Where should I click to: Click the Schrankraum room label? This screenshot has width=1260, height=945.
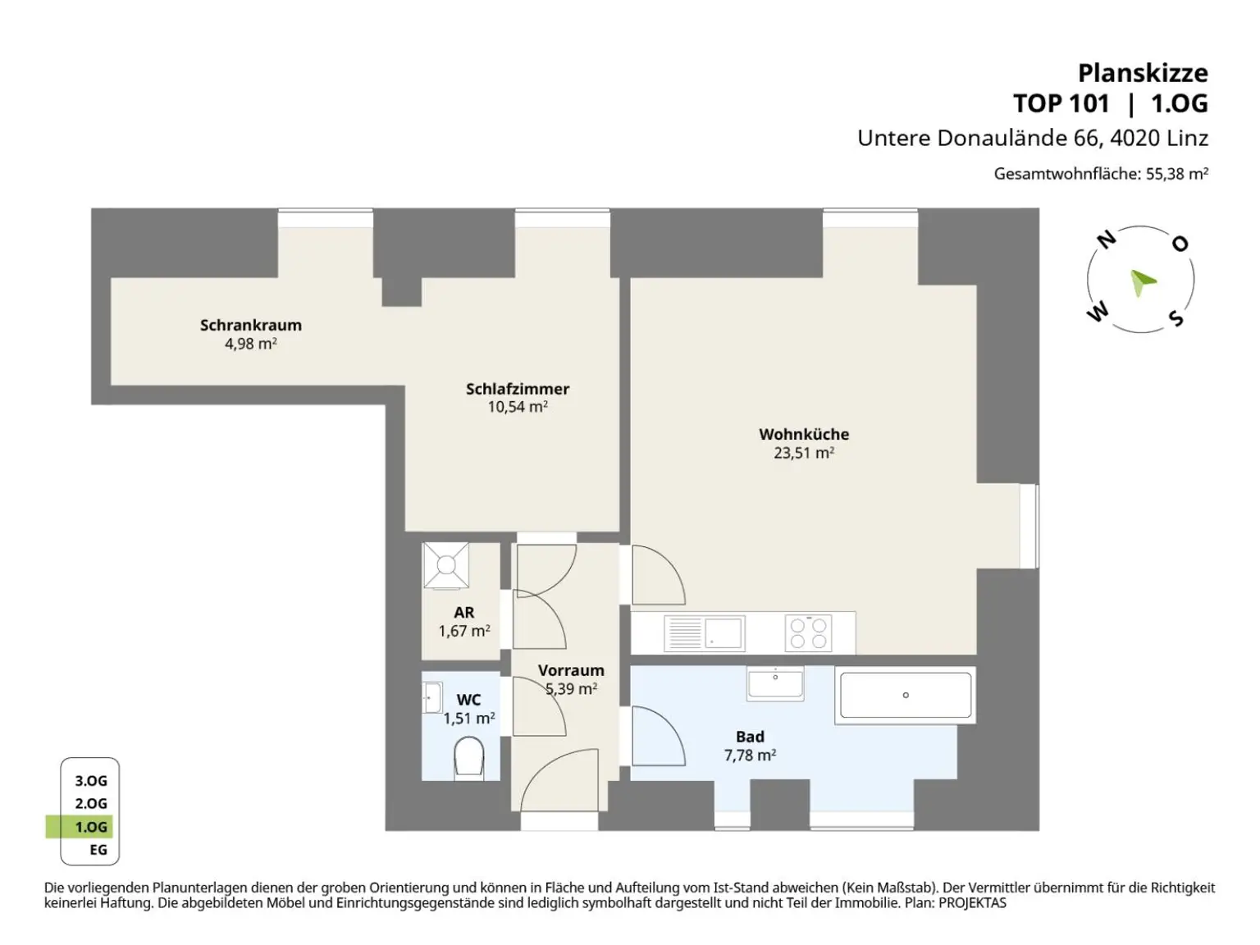(251, 326)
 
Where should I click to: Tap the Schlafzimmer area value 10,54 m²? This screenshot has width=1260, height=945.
(517, 407)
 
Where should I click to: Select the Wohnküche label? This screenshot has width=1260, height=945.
(804, 434)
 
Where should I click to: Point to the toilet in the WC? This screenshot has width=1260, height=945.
(468, 757)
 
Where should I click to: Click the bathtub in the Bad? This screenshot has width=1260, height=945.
(906, 695)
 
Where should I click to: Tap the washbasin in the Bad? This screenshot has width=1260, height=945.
(775, 683)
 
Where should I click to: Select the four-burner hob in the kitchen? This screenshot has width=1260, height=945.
(808, 633)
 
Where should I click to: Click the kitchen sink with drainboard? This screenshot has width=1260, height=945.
(705, 633)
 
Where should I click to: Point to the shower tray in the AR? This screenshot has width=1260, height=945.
(446, 566)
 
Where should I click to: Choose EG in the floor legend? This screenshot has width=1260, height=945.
(98, 850)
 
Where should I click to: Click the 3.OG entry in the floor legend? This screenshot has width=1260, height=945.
(91, 781)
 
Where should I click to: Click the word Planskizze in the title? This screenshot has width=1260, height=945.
(1143, 74)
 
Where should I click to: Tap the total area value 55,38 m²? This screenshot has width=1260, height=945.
(1177, 173)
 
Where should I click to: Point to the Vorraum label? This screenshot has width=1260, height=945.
(571, 670)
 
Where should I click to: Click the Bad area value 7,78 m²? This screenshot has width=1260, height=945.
(750, 755)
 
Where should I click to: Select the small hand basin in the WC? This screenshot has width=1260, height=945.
(432, 698)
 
